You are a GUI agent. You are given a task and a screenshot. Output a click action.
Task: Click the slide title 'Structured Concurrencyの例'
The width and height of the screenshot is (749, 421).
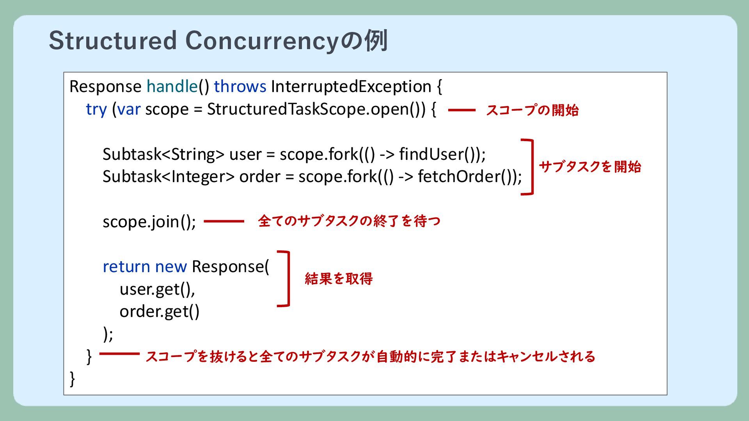click(x=218, y=41)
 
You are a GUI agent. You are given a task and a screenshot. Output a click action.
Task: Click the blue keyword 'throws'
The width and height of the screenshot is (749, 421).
click(x=240, y=86)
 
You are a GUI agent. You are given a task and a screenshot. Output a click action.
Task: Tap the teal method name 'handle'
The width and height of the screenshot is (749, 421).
click(x=172, y=86)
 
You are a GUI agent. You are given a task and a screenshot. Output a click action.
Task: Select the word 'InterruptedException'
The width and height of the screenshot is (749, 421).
click(x=351, y=87)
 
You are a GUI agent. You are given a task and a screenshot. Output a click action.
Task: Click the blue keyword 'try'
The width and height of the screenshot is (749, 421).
click(x=96, y=110)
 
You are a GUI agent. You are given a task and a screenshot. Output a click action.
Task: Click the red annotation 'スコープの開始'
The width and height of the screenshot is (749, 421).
click(x=532, y=110)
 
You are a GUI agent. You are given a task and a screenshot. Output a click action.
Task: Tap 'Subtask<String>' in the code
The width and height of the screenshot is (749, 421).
click(x=163, y=154)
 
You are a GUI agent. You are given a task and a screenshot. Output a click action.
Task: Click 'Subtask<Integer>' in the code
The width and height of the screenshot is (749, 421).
click(x=169, y=177)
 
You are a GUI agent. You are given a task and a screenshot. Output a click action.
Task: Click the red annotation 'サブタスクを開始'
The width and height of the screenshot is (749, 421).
click(x=590, y=167)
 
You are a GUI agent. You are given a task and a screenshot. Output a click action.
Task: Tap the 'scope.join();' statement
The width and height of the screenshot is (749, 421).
click(x=149, y=222)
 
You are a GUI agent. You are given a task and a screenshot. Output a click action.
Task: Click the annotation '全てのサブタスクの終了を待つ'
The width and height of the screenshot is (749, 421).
click(x=349, y=221)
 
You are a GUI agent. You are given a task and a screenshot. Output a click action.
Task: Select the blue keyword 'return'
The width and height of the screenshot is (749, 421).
click(x=126, y=267)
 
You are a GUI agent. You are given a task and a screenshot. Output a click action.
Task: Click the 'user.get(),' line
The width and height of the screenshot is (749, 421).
click(x=157, y=289)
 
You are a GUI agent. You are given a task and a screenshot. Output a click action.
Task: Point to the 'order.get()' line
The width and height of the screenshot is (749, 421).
click(x=160, y=311)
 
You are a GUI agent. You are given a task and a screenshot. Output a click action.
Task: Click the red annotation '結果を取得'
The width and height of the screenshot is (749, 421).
click(x=339, y=279)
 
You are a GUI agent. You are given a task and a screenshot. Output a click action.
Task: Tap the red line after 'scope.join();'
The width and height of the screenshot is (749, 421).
click(x=224, y=221)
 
